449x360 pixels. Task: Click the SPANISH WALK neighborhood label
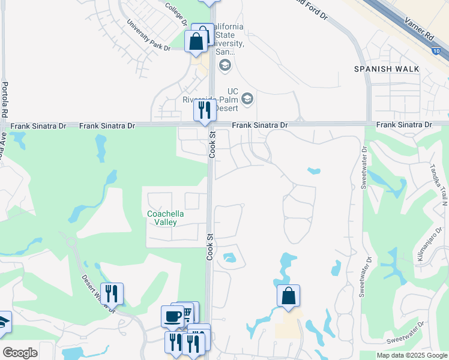coord(386,69)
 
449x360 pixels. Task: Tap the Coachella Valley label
coord(166,218)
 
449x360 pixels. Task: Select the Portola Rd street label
coord(5,100)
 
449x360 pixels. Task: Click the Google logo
coord(20,353)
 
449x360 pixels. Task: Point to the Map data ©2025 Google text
coord(412,355)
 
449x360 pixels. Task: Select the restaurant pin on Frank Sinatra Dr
coord(205,110)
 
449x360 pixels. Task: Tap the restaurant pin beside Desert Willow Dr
coord(112,294)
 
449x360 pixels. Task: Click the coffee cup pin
coord(173,316)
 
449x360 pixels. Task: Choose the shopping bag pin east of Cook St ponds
coord(288,296)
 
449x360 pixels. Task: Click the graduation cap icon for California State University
coord(225,65)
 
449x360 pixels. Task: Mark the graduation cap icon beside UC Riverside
coord(247,98)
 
